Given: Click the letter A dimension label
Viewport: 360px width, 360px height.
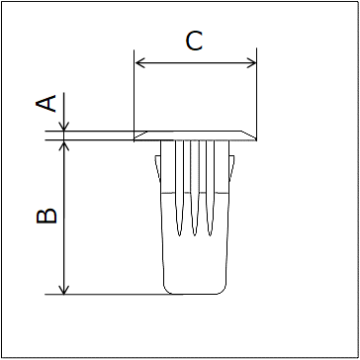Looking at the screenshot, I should pos(45,103).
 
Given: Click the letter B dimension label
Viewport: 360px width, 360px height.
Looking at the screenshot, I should pos(45,216).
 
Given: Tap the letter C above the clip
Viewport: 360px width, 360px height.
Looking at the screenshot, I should pos(194,41).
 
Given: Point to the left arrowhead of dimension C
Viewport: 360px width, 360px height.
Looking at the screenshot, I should pos(138,63).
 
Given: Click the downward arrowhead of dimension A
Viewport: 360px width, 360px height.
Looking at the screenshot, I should pos(64,126).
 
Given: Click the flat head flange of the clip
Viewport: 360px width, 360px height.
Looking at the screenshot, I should pos(194,135).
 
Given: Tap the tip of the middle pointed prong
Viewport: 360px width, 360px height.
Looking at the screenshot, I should pos(195,235).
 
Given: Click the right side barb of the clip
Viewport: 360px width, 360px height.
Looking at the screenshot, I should pos(229,168).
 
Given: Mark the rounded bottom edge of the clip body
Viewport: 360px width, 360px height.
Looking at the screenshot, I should pos(195,293).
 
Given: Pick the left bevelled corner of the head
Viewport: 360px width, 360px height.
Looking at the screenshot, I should pos(139,135).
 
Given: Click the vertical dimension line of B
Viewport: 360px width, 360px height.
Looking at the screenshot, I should pos(64,218).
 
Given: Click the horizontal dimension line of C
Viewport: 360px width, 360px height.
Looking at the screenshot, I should pos(194,63).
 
